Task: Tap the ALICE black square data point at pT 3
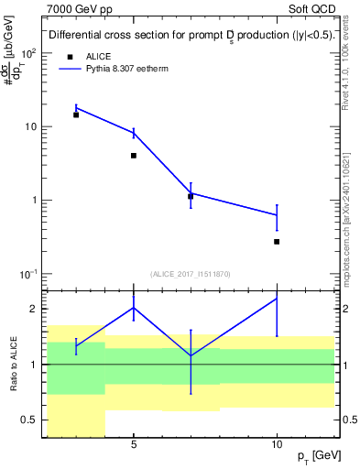point(76,115)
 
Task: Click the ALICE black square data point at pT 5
point(134,156)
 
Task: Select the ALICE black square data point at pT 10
point(277,242)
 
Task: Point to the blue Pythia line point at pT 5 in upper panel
point(134,133)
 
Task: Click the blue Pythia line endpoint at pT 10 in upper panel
point(277,215)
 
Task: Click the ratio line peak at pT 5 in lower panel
point(134,307)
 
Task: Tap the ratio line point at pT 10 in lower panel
point(277,299)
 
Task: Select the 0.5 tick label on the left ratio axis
point(27,420)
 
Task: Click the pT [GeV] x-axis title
point(313,456)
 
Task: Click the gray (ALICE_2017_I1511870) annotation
point(190,274)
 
